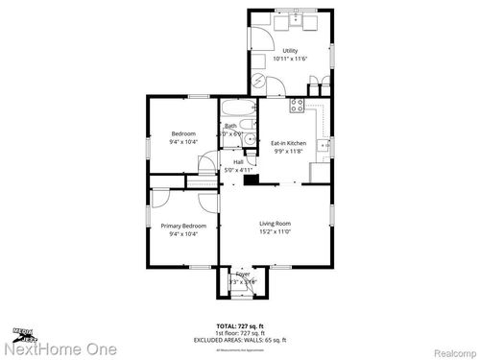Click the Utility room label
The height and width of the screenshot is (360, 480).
(x=289, y=50)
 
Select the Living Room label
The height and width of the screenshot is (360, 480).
(x=275, y=223)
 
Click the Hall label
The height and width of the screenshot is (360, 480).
(x=237, y=161)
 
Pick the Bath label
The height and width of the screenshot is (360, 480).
(x=230, y=126)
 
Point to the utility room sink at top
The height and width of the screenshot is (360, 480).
(x=297, y=18)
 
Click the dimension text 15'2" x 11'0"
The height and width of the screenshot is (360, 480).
(x=275, y=231)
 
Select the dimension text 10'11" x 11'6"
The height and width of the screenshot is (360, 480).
(x=289, y=59)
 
